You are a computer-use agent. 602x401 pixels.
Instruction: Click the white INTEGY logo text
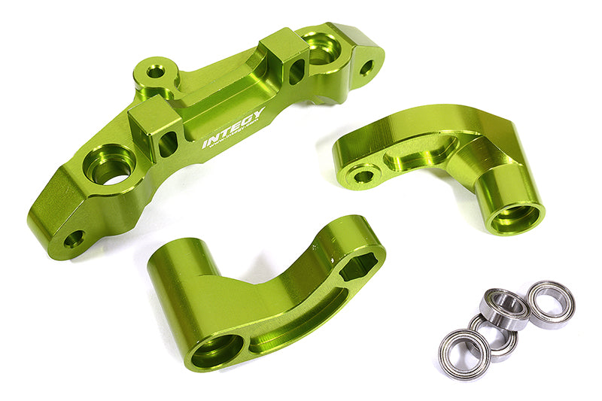pos(233,129)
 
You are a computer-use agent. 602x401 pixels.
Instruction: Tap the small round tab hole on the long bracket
pos(156,71)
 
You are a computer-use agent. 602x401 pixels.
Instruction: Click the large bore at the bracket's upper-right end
pos(321,47)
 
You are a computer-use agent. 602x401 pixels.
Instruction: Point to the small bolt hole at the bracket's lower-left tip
pos(73,240)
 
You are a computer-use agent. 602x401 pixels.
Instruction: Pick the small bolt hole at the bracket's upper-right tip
pos(366,67)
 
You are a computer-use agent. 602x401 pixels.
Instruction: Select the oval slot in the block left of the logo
pos(169,142)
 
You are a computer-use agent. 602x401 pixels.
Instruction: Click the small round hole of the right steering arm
pos(364,176)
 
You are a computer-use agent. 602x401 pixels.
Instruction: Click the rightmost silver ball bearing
pos(551,302)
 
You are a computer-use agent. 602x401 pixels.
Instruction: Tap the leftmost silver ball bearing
pos(464,354)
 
